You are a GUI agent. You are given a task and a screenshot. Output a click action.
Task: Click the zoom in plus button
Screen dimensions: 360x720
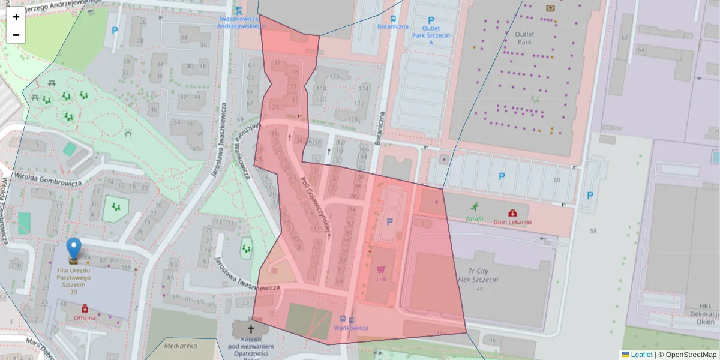click(x=16, y=17)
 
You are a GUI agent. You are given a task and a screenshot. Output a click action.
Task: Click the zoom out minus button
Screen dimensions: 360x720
click(x=16, y=35)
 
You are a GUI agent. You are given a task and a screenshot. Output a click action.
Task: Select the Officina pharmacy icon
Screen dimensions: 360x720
click(x=85, y=308)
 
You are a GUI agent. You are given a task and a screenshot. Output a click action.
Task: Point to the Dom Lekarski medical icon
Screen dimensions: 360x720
click(x=512, y=213)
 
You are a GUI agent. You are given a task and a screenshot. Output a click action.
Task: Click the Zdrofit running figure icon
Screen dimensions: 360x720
click(x=475, y=207)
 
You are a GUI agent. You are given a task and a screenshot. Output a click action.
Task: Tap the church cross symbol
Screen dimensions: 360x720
click(x=251, y=329)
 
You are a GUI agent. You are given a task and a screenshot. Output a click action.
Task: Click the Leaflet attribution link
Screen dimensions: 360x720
click(x=641, y=355)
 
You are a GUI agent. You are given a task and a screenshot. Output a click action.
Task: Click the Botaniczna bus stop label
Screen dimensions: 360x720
click(x=393, y=26)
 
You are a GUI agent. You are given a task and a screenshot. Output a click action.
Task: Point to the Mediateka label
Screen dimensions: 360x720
click(x=180, y=346)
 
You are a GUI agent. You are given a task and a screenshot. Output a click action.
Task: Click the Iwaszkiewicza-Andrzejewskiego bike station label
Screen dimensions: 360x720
click(x=240, y=22)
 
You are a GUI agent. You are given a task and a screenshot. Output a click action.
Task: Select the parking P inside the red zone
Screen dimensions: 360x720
click(x=390, y=222)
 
